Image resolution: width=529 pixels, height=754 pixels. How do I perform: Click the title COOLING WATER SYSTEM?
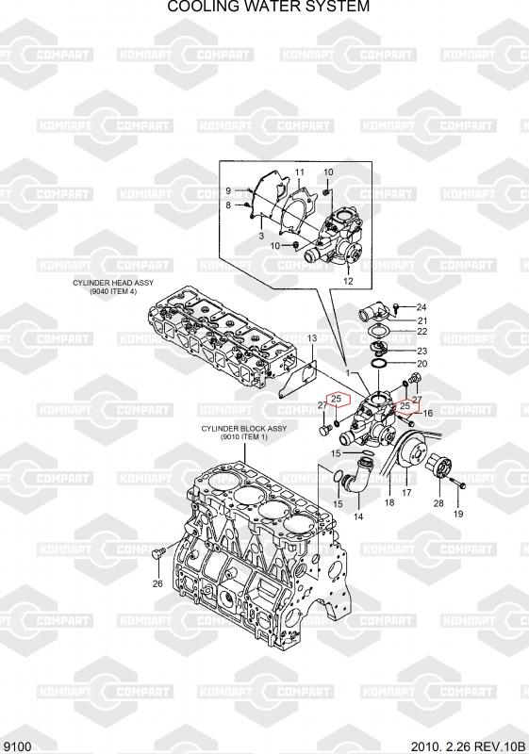(269, 7)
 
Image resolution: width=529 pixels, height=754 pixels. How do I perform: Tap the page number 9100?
(17, 746)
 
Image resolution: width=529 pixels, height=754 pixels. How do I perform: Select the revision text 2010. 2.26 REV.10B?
(466, 746)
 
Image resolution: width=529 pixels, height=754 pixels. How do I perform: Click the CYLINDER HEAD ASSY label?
(113, 283)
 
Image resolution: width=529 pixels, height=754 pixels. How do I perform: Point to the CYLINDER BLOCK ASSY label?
(244, 429)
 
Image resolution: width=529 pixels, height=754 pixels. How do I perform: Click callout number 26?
(157, 583)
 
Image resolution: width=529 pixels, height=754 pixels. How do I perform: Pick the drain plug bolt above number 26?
(158, 553)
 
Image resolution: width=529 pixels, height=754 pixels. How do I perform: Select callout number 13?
(312, 338)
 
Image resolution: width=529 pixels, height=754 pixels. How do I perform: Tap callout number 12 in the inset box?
(348, 281)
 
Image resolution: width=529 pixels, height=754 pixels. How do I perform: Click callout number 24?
(422, 307)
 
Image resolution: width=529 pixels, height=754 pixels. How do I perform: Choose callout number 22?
(422, 332)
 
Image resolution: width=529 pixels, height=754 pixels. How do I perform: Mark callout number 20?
(422, 364)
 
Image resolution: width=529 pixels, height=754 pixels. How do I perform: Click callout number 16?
(427, 413)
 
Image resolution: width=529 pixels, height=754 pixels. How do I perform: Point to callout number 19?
(458, 514)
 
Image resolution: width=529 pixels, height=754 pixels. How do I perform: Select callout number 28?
(438, 503)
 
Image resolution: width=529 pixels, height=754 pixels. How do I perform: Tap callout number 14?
(358, 516)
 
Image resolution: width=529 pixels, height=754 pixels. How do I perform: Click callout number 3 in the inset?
(261, 237)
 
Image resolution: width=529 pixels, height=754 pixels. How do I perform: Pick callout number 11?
(300, 172)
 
